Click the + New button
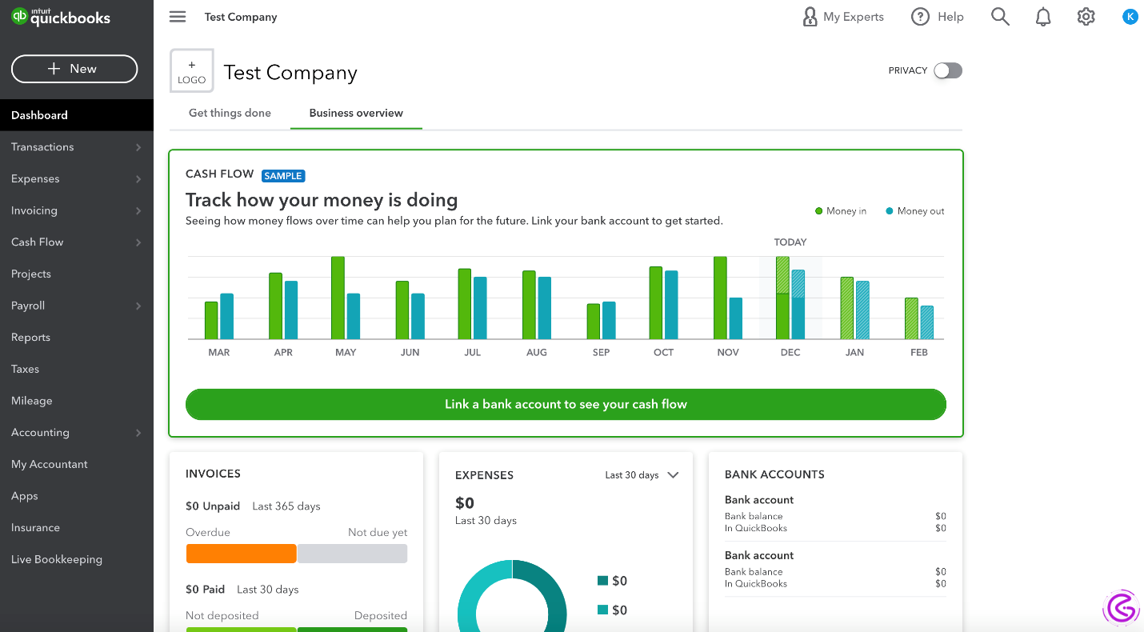click(74, 69)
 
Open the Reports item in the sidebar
click(31, 338)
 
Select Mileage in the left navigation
click(32, 401)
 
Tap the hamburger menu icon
click(178, 17)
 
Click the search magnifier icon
click(1000, 17)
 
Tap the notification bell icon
click(1043, 17)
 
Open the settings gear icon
click(1086, 17)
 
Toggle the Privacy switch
click(948, 70)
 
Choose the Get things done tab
click(230, 113)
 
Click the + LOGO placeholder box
click(192, 71)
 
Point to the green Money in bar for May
click(338, 298)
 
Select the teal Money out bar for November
click(736, 318)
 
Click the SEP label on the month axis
click(602, 352)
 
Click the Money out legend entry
click(915, 211)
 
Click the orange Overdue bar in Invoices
click(241, 554)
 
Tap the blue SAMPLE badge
click(283, 175)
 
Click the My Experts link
click(843, 17)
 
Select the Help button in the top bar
click(938, 17)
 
